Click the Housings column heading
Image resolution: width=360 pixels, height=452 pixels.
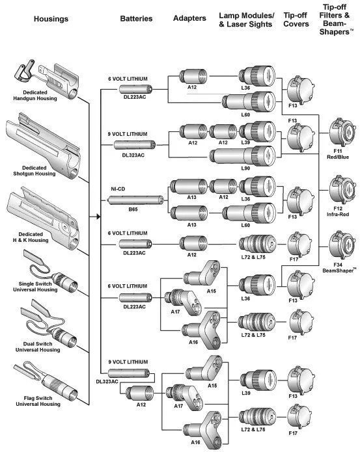click(51, 19)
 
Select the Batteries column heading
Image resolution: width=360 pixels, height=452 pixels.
click(136, 19)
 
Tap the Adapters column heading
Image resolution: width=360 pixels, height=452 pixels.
click(189, 18)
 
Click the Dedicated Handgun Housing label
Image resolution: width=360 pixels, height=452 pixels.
click(35, 96)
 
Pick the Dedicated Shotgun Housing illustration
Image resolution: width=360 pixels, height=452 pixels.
click(43, 144)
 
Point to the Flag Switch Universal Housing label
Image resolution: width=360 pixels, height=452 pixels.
click(38, 401)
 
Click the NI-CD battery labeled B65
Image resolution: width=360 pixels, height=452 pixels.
click(135, 200)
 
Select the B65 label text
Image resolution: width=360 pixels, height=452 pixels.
click(133, 209)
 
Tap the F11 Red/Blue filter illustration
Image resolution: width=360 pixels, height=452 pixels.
click(342, 133)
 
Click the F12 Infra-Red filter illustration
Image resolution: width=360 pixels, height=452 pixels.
click(342, 190)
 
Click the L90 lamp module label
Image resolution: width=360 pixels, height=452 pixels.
click(245, 168)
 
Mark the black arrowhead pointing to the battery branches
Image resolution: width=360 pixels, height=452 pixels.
click(98, 216)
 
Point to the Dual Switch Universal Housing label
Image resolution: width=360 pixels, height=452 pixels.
click(38, 347)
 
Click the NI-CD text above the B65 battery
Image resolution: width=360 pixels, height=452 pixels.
click(118, 189)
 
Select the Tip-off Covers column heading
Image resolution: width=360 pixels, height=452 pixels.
click(296, 20)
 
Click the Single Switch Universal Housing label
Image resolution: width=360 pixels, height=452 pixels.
click(35, 287)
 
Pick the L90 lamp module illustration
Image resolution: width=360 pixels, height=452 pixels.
click(243, 156)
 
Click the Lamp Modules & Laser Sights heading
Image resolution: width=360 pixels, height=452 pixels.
click(246, 20)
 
